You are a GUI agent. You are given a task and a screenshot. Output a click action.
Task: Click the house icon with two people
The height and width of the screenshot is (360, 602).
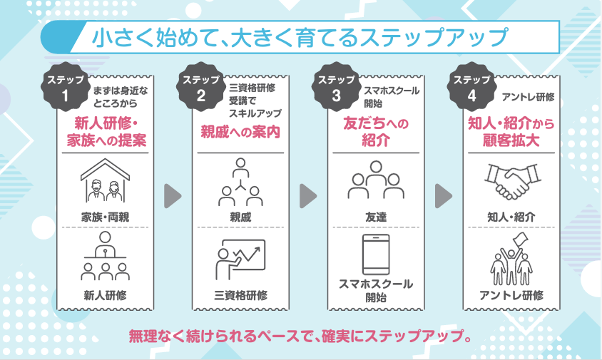pos(104,180)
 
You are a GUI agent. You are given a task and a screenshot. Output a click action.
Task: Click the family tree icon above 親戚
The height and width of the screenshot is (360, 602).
pos(240,181)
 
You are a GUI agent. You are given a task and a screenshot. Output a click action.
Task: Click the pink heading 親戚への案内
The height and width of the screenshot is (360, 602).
pos(240,131)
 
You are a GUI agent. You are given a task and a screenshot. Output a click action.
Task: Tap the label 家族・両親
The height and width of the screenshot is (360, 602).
pos(104,216)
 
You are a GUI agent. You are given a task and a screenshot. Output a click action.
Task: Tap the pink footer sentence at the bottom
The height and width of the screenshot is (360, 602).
pos(300,334)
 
